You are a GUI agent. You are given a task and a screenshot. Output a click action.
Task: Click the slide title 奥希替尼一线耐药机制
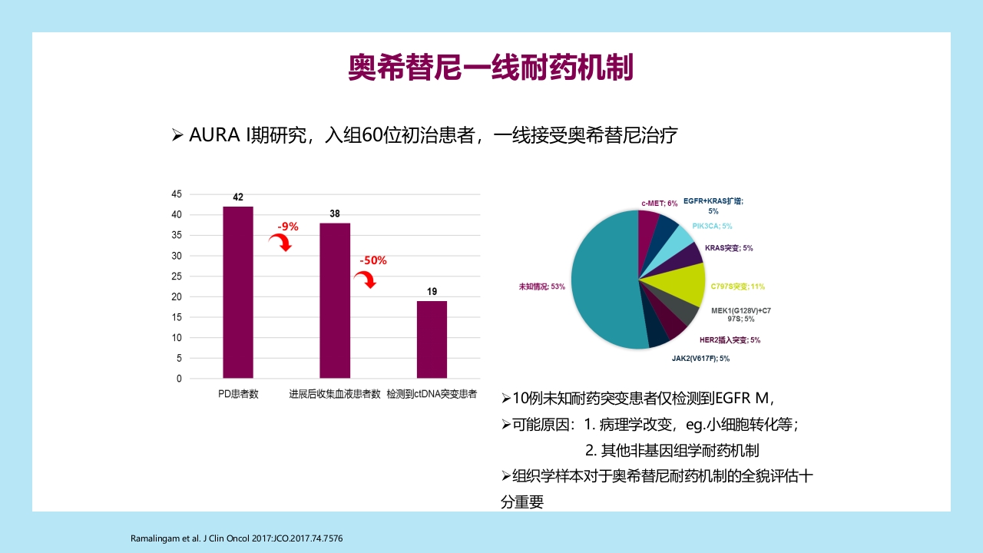tap(491, 68)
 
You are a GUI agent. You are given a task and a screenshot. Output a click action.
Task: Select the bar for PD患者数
tap(238, 292)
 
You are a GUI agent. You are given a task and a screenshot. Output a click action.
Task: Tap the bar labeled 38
tap(335, 300)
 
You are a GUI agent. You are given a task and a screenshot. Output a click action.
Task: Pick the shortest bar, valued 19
tap(432, 339)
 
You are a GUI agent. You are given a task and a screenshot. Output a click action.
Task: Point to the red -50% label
tap(373, 260)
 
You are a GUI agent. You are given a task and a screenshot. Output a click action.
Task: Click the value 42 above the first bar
tap(238, 197)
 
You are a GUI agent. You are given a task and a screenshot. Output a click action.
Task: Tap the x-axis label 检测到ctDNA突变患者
tap(432, 394)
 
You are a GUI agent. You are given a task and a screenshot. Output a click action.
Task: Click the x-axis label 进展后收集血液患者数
tap(335, 394)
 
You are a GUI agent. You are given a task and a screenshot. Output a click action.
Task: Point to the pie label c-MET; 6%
tap(659, 204)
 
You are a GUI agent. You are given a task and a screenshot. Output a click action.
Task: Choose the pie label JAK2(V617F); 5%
tap(700, 358)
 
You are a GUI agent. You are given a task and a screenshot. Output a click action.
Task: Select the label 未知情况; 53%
tap(542, 286)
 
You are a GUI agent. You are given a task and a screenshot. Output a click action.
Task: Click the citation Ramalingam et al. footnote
tap(237, 538)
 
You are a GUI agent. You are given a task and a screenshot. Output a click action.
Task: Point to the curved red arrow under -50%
tap(369, 280)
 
